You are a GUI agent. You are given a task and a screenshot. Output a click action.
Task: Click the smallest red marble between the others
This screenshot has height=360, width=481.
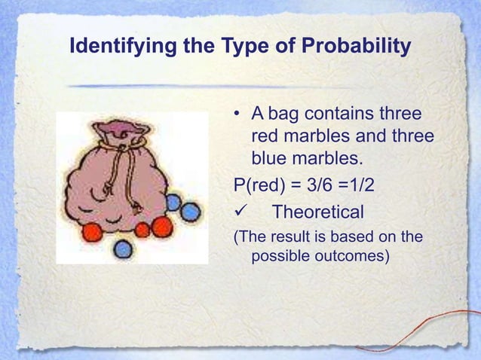(x=142, y=230)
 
